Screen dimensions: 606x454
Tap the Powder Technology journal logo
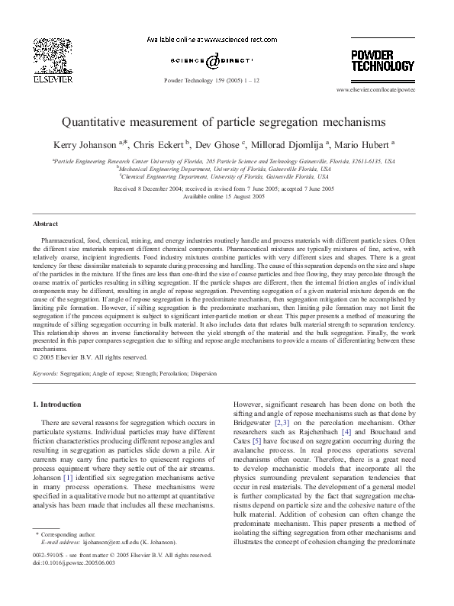pyautogui.click(x=382, y=60)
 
